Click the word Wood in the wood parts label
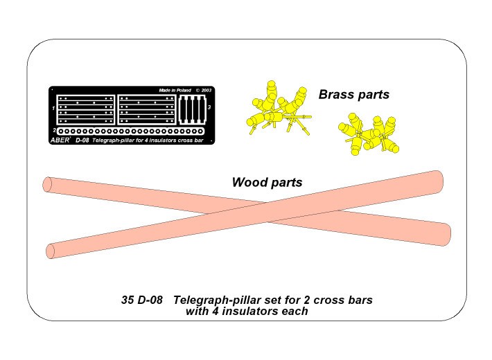coord(248,182)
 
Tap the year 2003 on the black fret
coord(206,90)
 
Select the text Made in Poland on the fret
coord(175,90)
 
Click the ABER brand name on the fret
coord(60,140)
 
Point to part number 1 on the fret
coord(53,108)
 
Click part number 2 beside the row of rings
coord(54,130)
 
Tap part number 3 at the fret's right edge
coord(209,107)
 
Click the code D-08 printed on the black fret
coord(82,141)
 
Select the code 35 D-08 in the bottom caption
coord(142,300)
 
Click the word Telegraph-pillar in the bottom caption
coord(217,300)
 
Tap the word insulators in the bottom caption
coord(250,311)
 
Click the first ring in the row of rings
coord(61,132)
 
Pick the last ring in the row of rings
coord(201,132)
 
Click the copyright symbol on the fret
coord(197,90)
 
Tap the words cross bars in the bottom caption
coord(343,300)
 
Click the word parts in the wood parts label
coord(285,183)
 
